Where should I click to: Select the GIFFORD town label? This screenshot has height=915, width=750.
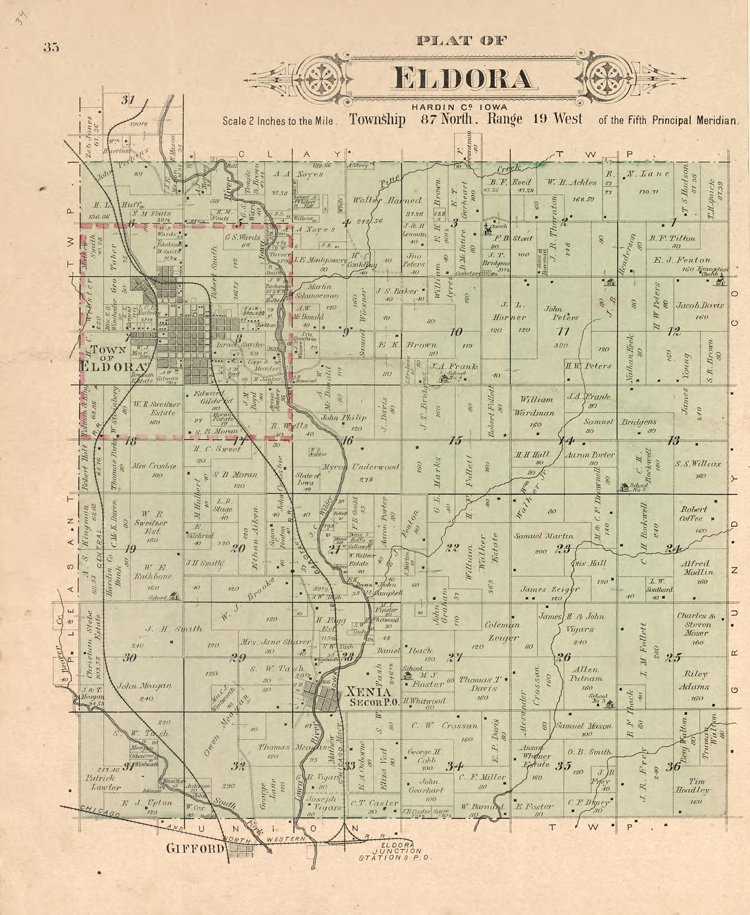pos(196,849)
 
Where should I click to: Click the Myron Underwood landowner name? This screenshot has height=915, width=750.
pos(360,467)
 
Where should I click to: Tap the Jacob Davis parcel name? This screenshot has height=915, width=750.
pos(699,305)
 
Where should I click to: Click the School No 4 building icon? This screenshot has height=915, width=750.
pos(444,378)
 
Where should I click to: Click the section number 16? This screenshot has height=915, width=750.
pos(347,440)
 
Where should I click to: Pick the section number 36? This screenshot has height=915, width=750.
pos(673,766)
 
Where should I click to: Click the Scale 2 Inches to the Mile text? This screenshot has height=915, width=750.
pos(278,121)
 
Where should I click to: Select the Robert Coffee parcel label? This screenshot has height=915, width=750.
pos(694,514)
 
